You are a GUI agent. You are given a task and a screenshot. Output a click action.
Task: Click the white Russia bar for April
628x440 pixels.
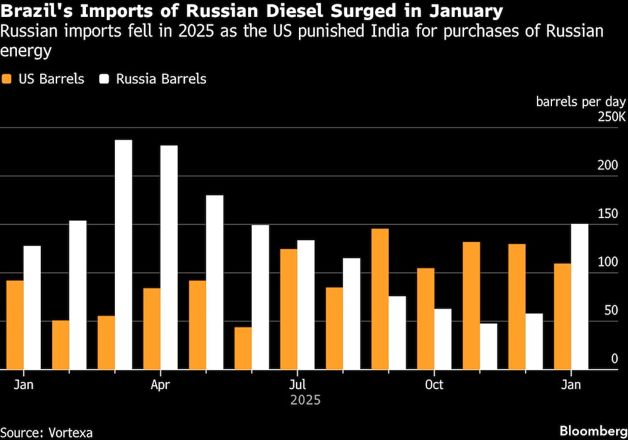pos(168,258)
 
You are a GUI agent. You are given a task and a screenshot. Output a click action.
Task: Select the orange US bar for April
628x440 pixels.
pos(151,329)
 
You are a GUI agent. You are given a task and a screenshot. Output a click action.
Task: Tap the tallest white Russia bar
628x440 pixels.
pos(123,255)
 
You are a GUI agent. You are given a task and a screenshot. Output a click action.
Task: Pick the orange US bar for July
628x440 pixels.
pos(288,309)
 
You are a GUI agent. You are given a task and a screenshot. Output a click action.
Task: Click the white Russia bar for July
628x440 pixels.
pos(305,305)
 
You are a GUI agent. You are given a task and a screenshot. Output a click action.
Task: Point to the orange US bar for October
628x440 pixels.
pos(425,319)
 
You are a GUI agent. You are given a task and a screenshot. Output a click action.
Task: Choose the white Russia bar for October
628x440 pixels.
pos(442,339)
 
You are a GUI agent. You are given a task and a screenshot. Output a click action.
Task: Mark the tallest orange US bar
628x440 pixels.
pos(379,299)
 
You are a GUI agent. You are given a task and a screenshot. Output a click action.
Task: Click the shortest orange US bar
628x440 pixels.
pos(242,348)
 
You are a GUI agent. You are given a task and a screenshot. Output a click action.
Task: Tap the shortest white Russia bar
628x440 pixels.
pos(488,346)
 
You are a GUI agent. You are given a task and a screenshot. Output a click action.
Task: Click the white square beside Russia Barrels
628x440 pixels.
pos(104,79)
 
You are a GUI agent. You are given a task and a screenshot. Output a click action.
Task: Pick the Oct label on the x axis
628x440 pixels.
pos(434,384)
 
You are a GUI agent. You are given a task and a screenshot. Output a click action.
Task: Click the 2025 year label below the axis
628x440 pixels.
pos(306,400)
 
